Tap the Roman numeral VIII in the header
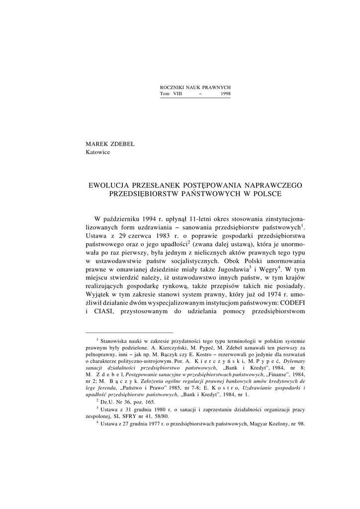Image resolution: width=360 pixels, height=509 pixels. click(x=177, y=94)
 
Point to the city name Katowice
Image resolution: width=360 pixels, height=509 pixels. click(x=98, y=152)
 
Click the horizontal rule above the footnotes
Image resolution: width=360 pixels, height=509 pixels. click(x=129, y=332)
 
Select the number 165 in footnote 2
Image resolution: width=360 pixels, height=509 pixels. click(x=148, y=401)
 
